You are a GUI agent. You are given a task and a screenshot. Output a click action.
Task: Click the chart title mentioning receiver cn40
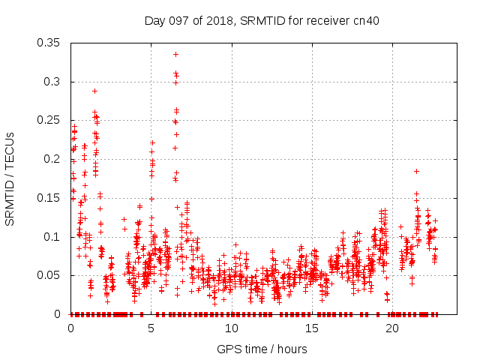point(262,20)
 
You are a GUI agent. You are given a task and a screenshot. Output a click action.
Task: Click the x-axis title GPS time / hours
point(262,349)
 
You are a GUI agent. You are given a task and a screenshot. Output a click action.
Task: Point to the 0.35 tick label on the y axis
point(50,43)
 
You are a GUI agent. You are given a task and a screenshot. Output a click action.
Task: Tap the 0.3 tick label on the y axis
point(53,82)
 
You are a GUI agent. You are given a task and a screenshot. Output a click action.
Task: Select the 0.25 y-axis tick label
point(50,120)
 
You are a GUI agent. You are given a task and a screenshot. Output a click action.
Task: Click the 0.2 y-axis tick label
point(53,159)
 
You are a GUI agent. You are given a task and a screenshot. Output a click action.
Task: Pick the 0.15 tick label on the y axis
point(50,198)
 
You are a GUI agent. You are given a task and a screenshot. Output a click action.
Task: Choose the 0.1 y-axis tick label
point(53,237)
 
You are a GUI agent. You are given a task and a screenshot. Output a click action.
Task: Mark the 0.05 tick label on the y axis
point(50,275)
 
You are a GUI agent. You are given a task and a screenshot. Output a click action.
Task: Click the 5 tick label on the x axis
point(151,328)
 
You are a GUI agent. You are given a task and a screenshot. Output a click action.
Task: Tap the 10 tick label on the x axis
point(232,328)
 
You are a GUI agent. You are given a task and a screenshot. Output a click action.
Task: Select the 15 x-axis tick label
point(312,328)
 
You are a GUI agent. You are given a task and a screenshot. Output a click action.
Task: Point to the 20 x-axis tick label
point(392,328)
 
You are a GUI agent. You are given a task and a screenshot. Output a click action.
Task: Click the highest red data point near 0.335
point(175,54)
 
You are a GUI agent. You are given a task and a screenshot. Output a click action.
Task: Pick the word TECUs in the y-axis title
point(10,148)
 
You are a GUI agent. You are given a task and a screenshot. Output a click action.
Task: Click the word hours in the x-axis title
point(291,349)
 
